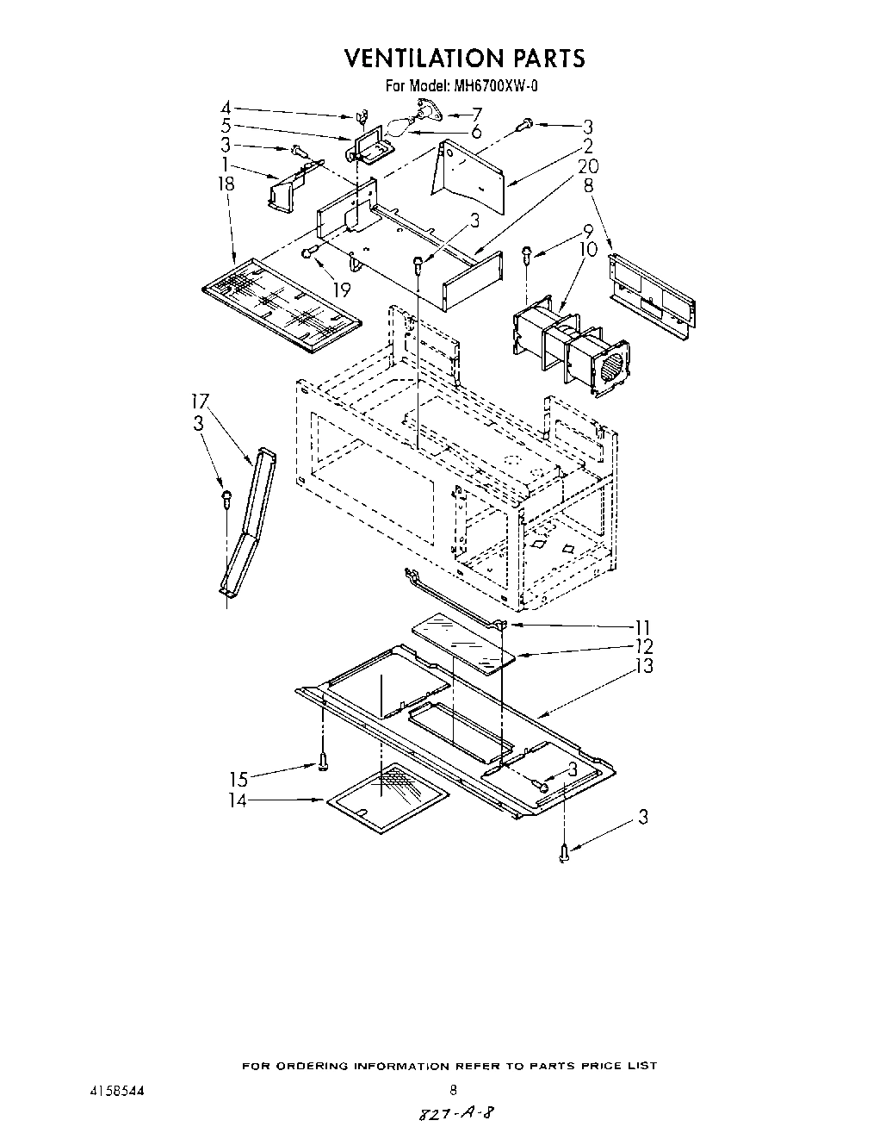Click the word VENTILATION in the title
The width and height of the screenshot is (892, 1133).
(x=418, y=58)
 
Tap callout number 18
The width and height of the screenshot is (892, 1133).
(x=226, y=184)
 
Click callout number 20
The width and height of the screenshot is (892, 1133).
(x=587, y=165)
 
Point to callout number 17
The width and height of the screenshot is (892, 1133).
(x=200, y=401)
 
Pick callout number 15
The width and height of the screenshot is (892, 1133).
(x=238, y=780)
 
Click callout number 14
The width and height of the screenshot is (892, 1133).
(x=238, y=800)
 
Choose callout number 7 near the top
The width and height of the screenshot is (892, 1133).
(x=476, y=113)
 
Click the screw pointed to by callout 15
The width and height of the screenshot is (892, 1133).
(x=323, y=762)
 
